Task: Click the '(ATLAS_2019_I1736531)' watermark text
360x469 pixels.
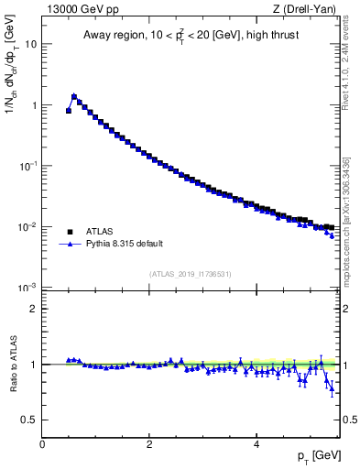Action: pos(191,274)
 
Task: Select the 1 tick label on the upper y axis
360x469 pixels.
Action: pos(34,104)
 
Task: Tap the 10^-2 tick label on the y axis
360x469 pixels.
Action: pos(28,226)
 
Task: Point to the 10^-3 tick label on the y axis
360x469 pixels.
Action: pos(28,287)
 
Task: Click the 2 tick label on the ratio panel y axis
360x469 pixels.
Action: pos(34,309)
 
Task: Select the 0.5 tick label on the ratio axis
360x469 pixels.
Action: pos(29,420)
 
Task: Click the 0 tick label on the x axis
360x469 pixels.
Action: pos(42,444)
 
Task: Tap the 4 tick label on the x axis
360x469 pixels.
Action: pos(256,444)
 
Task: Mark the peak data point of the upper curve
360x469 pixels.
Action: pos(74,95)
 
